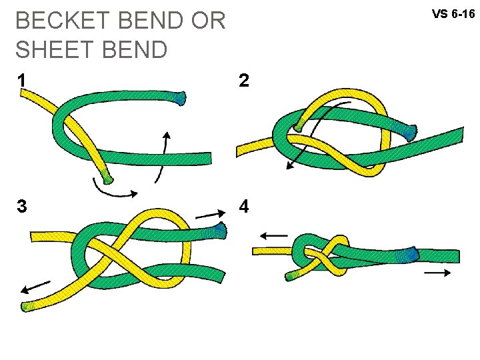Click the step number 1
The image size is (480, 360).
[23, 81]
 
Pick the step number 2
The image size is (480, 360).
[244, 81]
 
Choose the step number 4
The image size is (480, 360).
[244, 207]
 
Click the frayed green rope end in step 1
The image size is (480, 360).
[180, 98]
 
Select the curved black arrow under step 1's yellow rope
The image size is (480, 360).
[115, 189]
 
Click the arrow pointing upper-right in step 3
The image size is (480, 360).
[210, 214]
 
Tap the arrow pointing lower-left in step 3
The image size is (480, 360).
[35, 287]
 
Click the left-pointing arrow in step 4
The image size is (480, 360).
[273, 235]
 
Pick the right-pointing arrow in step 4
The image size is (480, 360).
[437, 273]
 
